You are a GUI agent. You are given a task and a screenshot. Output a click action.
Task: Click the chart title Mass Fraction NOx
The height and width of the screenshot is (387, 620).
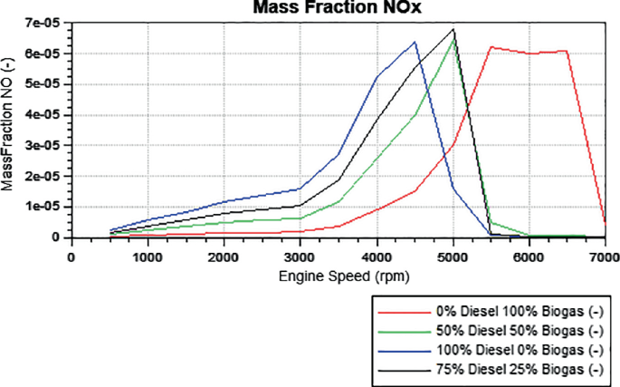339,9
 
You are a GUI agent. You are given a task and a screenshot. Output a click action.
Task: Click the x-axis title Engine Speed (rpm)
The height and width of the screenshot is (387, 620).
338,275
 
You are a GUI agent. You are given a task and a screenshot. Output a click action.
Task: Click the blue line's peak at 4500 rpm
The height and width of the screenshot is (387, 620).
415,42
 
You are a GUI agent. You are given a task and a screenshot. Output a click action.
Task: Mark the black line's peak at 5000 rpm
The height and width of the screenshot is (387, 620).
453,30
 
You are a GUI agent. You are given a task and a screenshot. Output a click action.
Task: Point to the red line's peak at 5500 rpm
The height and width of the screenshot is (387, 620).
491,47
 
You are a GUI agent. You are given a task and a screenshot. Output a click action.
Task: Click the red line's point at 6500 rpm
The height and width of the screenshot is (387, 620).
567,51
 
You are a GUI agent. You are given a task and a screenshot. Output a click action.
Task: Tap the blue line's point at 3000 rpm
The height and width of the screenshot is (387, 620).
300,189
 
